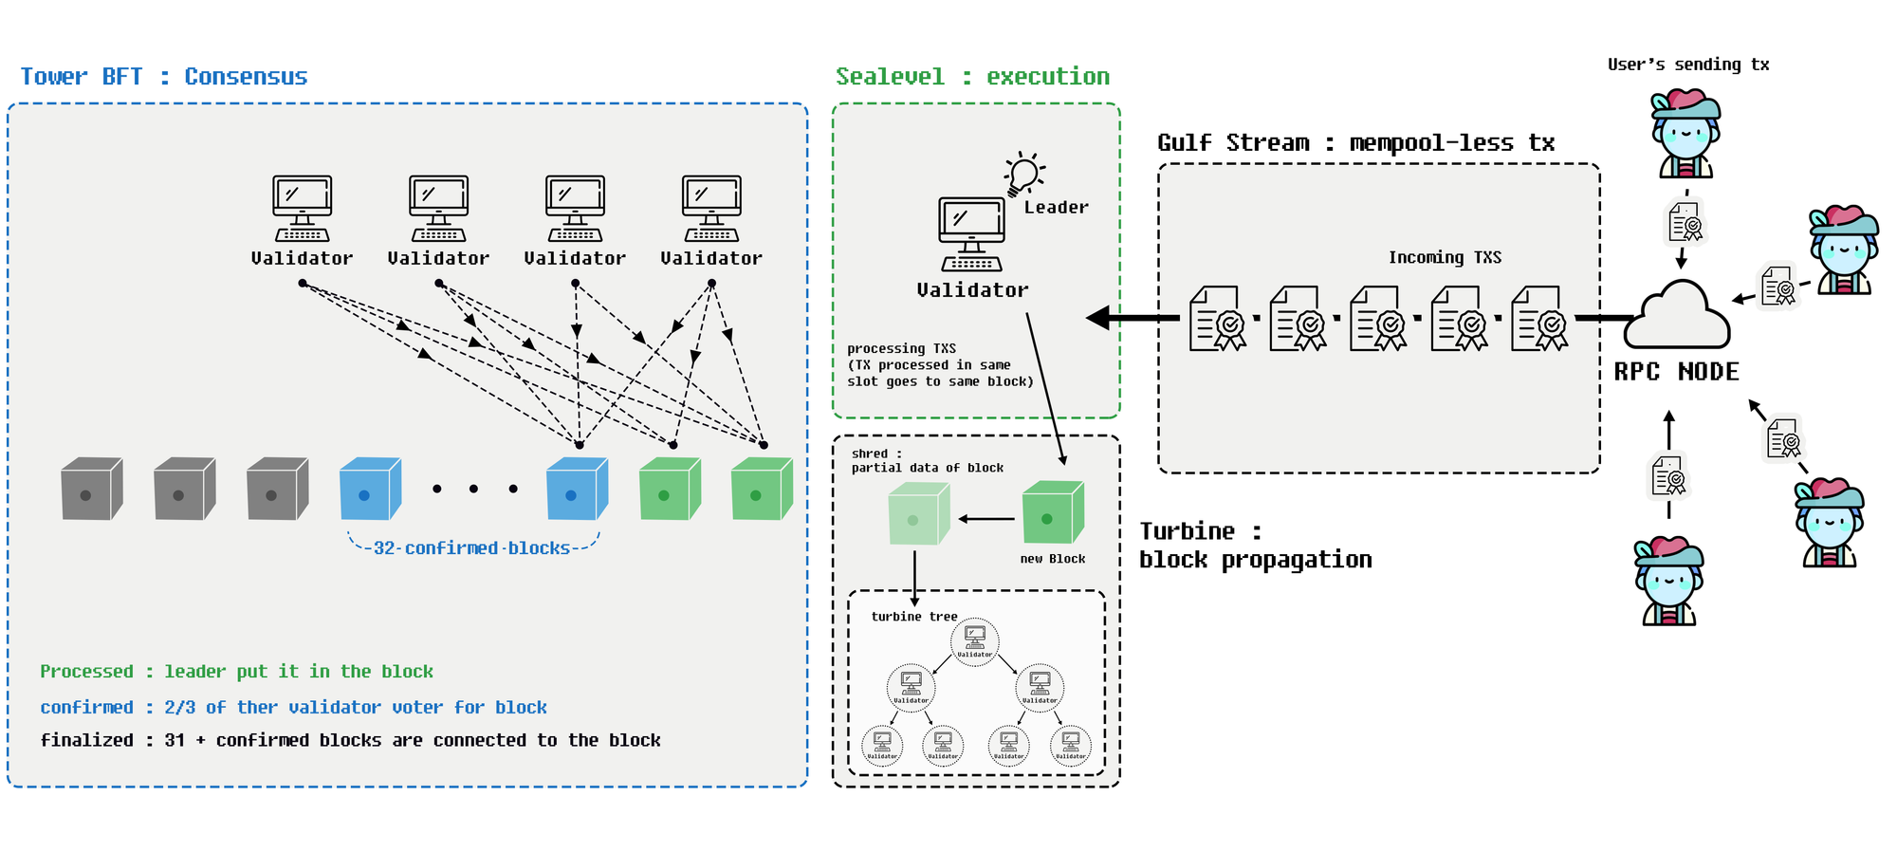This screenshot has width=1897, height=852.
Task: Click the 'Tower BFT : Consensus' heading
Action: point(164,77)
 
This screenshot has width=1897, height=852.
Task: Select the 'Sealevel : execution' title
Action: point(972,77)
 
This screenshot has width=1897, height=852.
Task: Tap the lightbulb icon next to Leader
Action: point(1023,175)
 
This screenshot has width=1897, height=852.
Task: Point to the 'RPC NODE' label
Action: point(1676,372)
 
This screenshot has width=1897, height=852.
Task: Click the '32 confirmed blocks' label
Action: point(471,548)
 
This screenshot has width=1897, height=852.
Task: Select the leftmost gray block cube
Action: point(91,489)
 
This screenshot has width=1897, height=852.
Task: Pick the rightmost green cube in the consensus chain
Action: point(761,489)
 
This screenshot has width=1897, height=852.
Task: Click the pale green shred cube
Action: point(918,514)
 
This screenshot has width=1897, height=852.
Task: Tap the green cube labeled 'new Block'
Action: point(1052,512)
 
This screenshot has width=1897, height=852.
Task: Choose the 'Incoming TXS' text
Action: point(1445,257)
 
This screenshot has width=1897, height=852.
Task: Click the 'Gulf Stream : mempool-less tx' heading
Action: point(1355,143)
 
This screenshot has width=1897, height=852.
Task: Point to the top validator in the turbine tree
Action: point(974,640)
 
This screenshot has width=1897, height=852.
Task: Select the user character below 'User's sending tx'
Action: point(1685,135)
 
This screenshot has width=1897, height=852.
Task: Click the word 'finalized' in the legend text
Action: point(86,740)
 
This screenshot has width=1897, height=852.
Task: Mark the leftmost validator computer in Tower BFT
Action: point(302,208)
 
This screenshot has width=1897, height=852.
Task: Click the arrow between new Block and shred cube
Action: point(986,519)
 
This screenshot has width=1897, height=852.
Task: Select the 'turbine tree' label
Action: point(914,617)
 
